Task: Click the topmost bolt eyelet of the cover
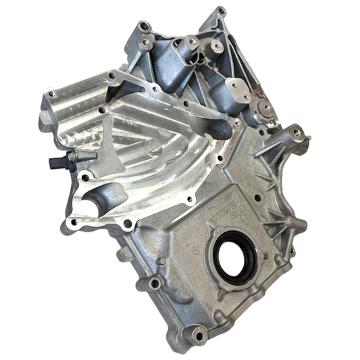pos(222,11)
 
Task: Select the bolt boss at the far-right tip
pos(305,140)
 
